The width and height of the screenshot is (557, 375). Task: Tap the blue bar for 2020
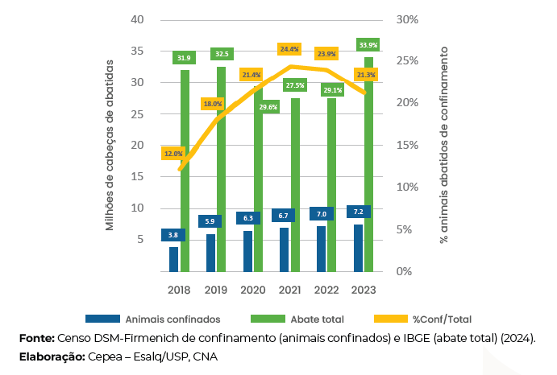pyautogui.click(x=247, y=251)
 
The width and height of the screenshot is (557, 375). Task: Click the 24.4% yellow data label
pyautogui.click(x=289, y=49)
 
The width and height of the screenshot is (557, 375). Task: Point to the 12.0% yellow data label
pyautogui.click(x=173, y=153)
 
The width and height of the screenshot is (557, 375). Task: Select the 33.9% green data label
pyautogui.click(x=368, y=45)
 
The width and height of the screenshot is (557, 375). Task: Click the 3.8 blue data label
pyautogui.click(x=173, y=235)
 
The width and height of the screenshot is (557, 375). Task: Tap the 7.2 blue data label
pyautogui.click(x=359, y=212)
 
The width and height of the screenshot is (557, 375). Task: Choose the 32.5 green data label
pyautogui.click(x=222, y=54)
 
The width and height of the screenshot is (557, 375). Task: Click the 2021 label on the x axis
pyautogui.click(x=289, y=289)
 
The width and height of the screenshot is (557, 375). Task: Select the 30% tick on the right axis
pyautogui.click(x=409, y=20)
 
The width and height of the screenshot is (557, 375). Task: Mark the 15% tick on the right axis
pyautogui.click(x=409, y=146)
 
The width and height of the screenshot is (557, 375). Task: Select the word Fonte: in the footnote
pyautogui.click(x=36, y=338)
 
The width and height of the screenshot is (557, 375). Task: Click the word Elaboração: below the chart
pyautogui.click(x=51, y=356)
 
